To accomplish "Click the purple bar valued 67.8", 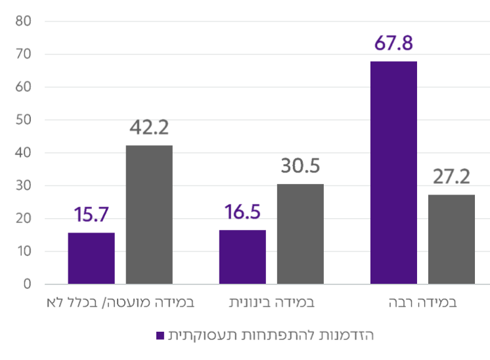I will click(x=393, y=172).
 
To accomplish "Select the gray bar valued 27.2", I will click(x=451, y=239).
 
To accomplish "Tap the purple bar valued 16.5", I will click(x=242, y=257).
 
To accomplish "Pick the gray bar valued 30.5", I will click(x=300, y=234).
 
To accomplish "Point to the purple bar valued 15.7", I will click(x=91, y=258).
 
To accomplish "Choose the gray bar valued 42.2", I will click(x=149, y=215).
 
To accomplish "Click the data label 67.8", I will click(x=393, y=44).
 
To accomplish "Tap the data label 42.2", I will click(x=150, y=127).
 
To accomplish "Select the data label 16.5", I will click(x=242, y=214).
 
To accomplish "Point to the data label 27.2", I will click(x=452, y=177).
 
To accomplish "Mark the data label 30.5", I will click(x=300, y=166).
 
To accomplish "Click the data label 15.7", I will click(x=91, y=215).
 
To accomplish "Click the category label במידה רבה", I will click(x=422, y=304).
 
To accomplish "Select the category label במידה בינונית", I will click(x=272, y=304).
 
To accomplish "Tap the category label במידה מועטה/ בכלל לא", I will click(x=121, y=304).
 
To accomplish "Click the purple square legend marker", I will click(x=160, y=336).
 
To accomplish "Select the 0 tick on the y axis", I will click(x=28, y=284).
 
